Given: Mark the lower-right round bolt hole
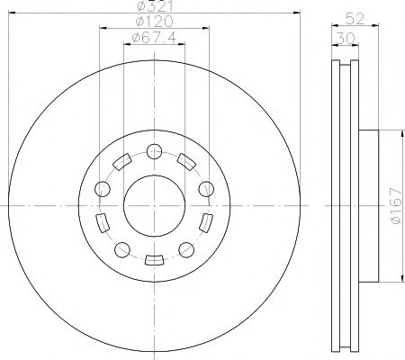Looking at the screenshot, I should [x=186, y=250].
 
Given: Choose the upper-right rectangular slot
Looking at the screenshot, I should [x=186, y=163].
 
